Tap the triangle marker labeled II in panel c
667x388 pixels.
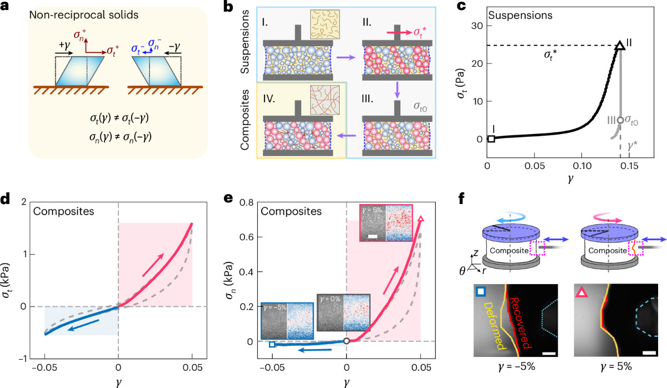(x=620, y=46)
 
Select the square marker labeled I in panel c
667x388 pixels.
(x=491, y=138)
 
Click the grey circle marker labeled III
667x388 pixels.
(x=620, y=120)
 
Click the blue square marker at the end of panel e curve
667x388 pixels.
(x=272, y=345)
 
